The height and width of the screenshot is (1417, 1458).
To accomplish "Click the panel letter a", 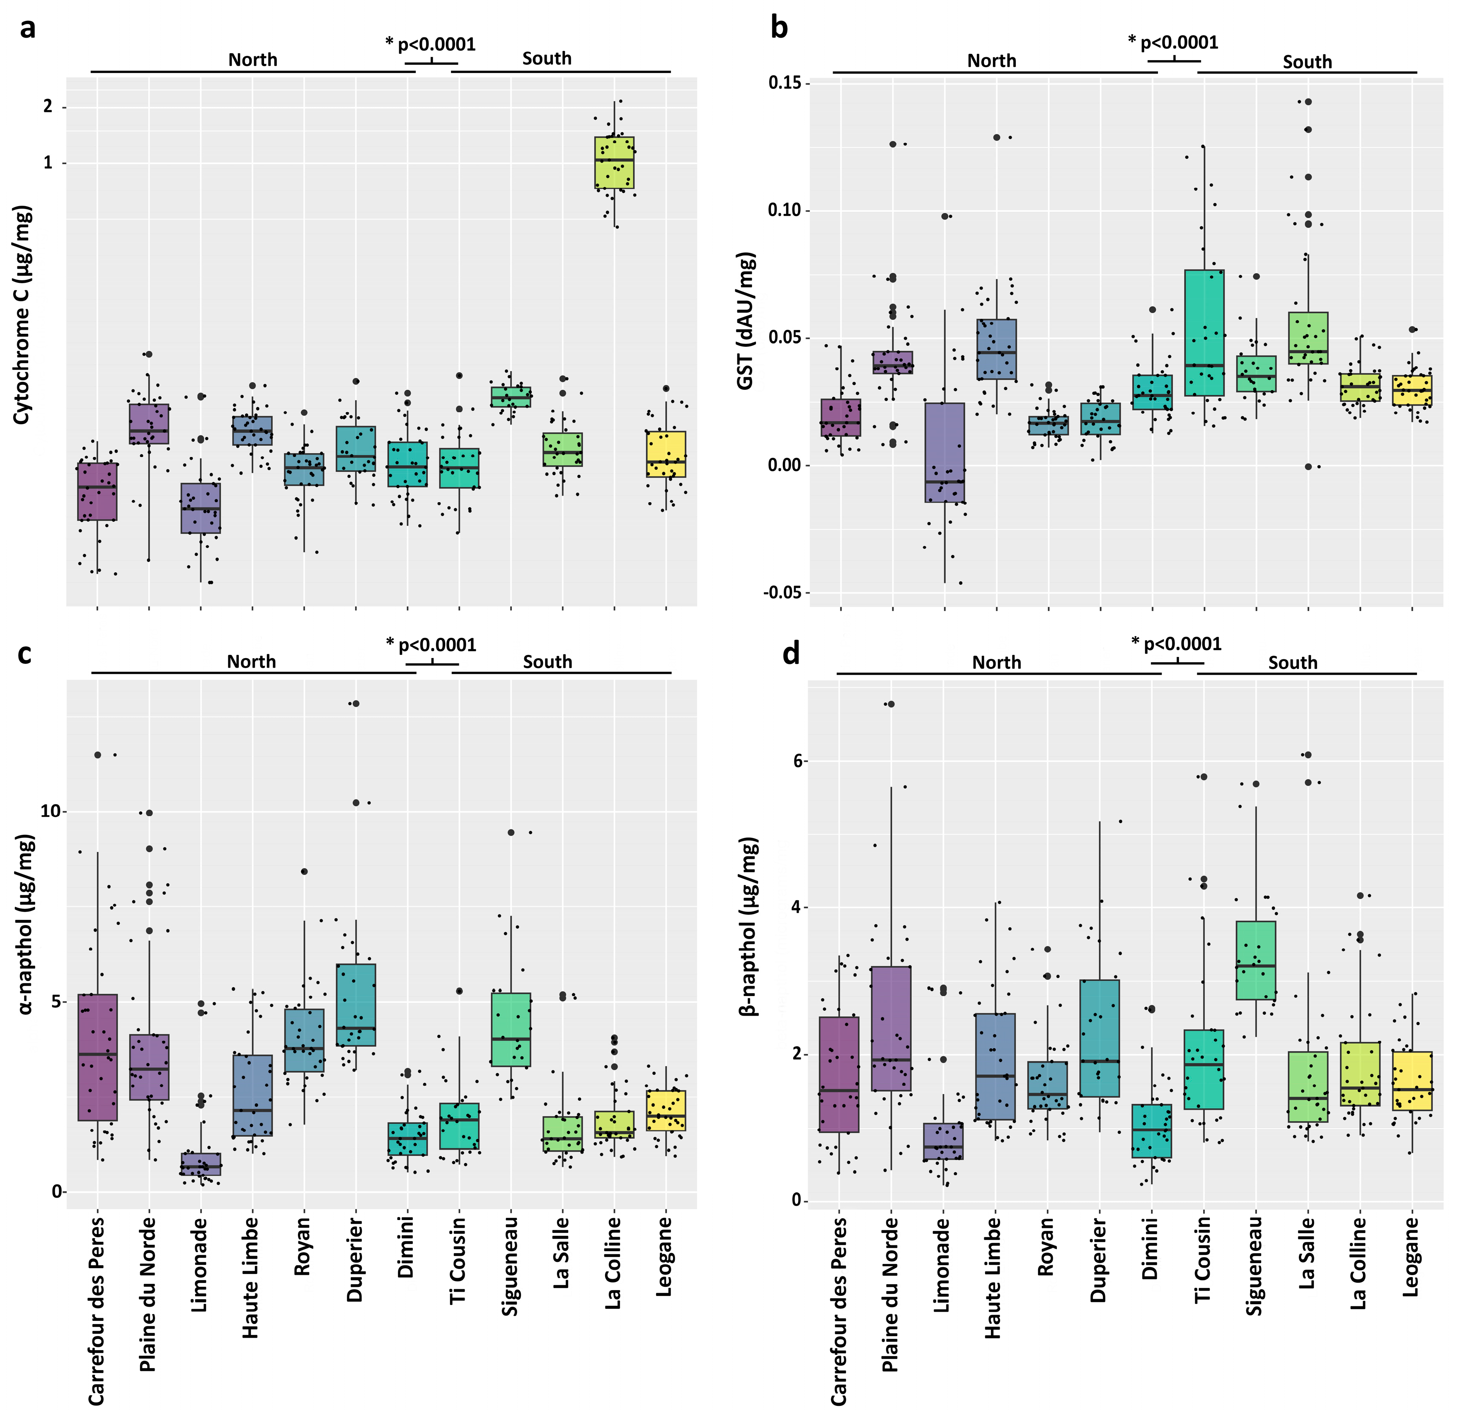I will pos(27,28).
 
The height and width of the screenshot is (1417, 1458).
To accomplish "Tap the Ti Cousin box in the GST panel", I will pos(1204,333).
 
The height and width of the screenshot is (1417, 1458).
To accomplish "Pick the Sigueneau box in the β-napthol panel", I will pos(1256,960).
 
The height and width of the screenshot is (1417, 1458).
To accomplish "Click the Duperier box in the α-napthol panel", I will pos(356,1005).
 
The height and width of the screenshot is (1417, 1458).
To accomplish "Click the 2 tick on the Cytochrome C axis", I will pos(48,107).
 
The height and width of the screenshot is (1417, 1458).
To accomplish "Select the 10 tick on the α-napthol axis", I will pos(49,811).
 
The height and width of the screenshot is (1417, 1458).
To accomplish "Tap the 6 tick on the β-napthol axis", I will pos(798,761).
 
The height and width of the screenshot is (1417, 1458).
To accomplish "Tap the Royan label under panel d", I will pos(1046,1247).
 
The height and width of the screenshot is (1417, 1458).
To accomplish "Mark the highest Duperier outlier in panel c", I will pos(356,703).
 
